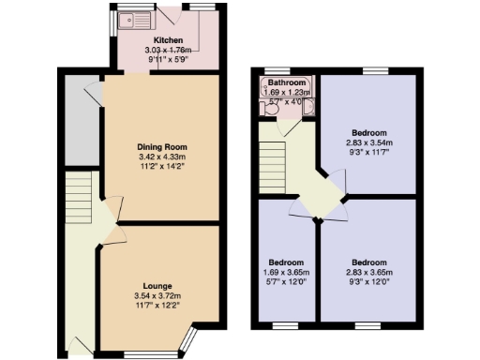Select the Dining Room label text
(x=162, y=147)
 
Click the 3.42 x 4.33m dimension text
(x=162, y=157)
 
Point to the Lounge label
(x=157, y=285)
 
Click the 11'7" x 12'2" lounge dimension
(x=157, y=306)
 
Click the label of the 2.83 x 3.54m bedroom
(x=368, y=133)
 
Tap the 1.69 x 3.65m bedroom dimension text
(x=286, y=272)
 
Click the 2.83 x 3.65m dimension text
(x=367, y=272)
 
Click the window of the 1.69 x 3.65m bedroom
(x=285, y=324)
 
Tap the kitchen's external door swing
(x=170, y=18)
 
